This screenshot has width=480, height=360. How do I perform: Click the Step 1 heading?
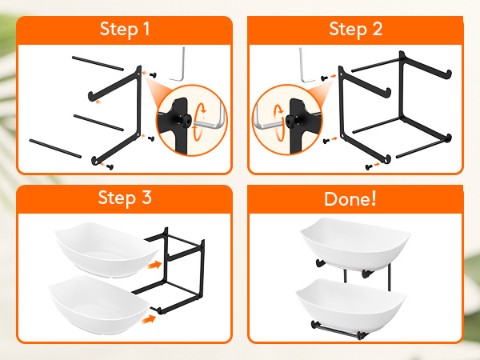[x=125, y=29]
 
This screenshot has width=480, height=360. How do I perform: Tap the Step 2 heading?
[x=356, y=29]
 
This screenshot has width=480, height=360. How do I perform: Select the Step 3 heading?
[x=125, y=198]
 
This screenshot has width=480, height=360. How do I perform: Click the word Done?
[x=350, y=198]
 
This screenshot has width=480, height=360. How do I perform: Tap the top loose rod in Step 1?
[x=98, y=63]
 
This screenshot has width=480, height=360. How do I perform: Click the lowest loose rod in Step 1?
[x=55, y=149]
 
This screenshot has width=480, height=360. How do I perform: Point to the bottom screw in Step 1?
[x=110, y=167]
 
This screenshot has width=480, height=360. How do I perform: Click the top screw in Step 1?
[x=153, y=74]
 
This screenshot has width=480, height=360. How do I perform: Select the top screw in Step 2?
[x=325, y=78]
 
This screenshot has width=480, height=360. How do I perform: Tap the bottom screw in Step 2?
[x=369, y=167]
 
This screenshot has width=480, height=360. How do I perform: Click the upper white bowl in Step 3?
[x=106, y=250]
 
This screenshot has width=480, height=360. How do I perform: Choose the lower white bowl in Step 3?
[x=99, y=305]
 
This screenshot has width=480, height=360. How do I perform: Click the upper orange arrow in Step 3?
[x=154, y=265]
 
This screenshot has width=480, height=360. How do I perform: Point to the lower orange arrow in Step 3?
[x=149, y=320]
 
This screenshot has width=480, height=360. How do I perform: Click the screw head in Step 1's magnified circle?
[x=186, y=120]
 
